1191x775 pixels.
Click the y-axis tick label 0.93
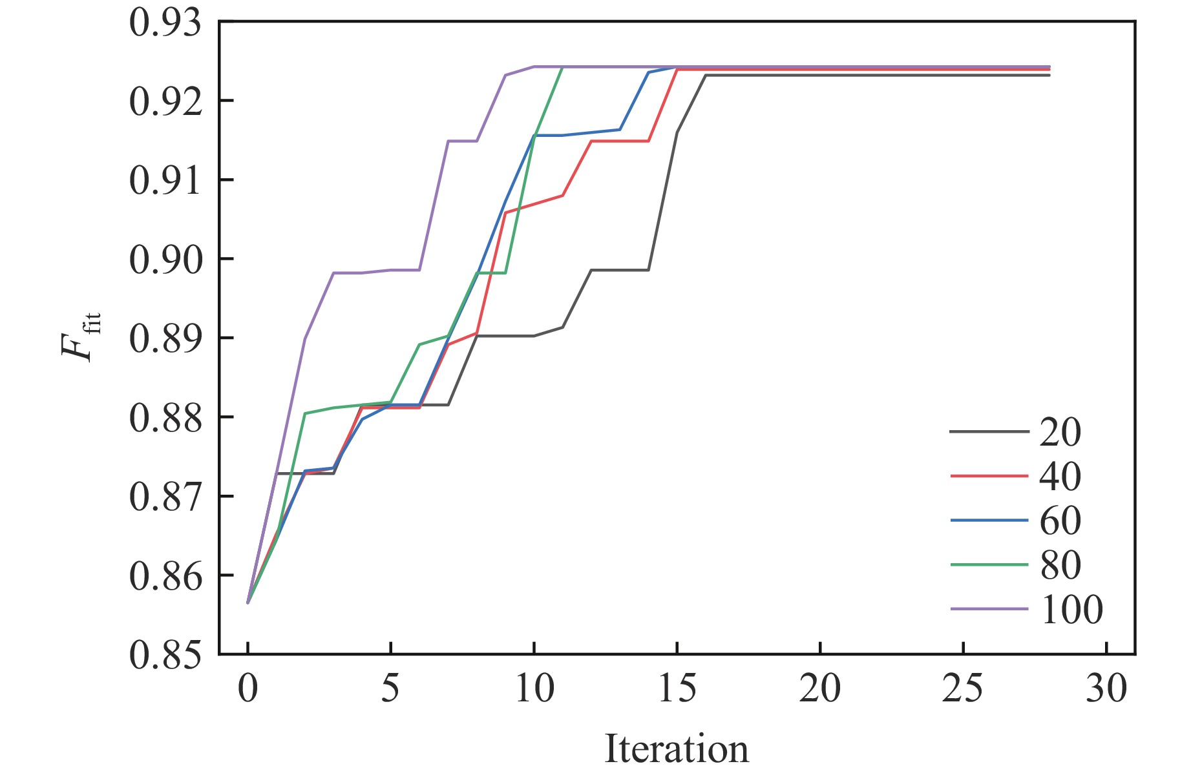[x=165, y=23]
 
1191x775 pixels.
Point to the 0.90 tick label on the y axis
[x=165, y=260]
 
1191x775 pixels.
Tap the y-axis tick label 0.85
[x=165, y=656]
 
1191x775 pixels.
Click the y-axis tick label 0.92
[x=165, y=102]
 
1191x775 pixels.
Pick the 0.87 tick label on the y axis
[x=165, y=498]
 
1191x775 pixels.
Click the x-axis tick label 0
[x=248, y=689]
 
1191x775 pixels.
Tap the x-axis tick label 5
[x=390, y=689]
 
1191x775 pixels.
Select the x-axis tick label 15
[x=677, y=689]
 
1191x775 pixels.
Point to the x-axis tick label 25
[x=962, y=689]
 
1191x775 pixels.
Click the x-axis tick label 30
[x=1106, y=689]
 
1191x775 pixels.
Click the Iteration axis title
[x=677, y=749]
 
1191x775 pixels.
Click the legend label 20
[x=1060, y=432]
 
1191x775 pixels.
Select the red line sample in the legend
[x=989, y=476]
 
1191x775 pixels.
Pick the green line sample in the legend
[x=989, y=564]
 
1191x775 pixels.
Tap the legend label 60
[x=1060, y=521]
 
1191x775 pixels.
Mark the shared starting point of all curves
[x=248, y=603]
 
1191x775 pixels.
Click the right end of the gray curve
[x=1049, y=76]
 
